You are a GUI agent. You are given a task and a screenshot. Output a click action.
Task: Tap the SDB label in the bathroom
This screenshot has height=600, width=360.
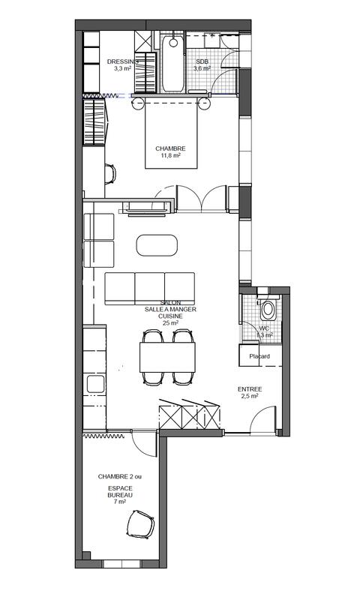point(202,61)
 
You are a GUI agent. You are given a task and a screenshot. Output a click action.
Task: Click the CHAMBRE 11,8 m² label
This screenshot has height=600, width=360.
point(170,148)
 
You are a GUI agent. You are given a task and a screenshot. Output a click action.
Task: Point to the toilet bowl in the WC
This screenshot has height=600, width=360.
point(268,309)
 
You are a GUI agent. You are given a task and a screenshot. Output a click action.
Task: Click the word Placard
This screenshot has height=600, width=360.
point(259,356)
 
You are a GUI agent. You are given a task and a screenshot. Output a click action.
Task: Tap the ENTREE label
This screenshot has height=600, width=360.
point(250,389)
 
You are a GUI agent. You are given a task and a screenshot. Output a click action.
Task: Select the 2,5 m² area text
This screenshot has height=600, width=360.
point(250,397)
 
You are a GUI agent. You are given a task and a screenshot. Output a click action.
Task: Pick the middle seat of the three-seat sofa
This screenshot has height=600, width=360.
point(150,286)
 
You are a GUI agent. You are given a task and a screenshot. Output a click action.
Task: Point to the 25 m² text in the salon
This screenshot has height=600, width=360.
point(169,323)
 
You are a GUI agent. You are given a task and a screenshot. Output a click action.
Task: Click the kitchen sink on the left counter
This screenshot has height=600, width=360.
point(96,384)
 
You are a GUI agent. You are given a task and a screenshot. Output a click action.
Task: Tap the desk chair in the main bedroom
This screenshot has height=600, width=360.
point(110,175)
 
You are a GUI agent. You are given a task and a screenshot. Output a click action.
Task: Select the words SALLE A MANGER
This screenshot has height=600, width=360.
point(169,309)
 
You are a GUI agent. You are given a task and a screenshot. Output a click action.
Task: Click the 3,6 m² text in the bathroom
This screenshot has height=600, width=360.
point(202,68)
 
